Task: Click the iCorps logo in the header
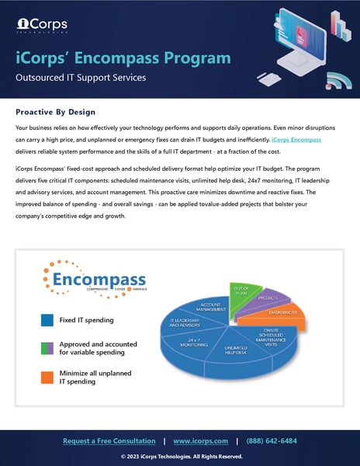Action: click(x=36, y=24)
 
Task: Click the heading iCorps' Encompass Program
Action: click(x=123, y=58)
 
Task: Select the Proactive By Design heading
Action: click(x=61, y=111)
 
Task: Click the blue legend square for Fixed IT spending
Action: click(x=46, y=319)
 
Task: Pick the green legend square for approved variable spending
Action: click(x=46, y=348)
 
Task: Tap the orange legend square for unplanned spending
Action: click(x=46, y=377)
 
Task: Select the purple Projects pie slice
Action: click(x=269, y=299)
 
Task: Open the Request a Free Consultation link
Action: click(x=109, y=441)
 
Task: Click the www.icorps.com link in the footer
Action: click(x=200, y=441)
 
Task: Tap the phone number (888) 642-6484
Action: click(x=271, y=441)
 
